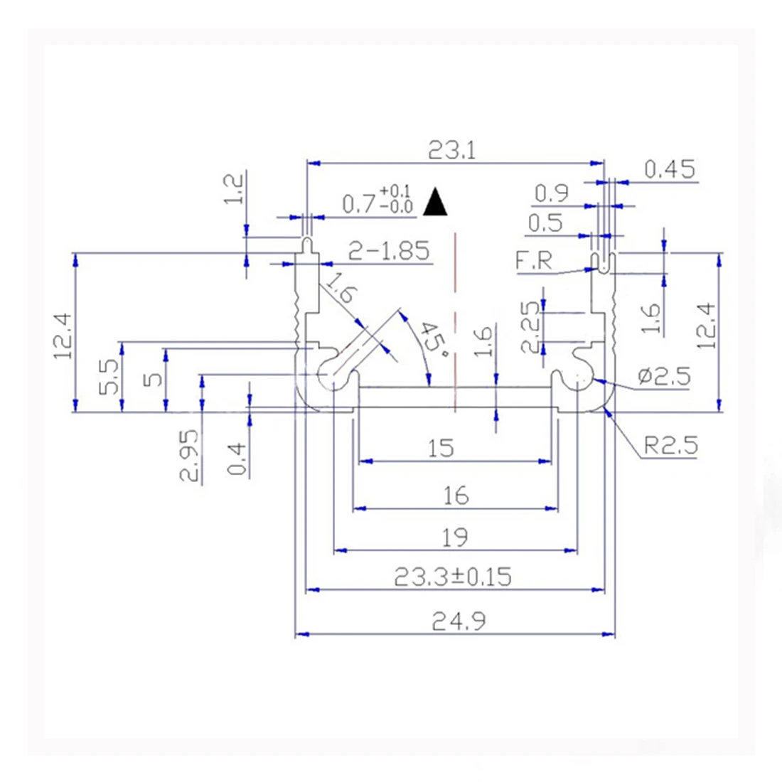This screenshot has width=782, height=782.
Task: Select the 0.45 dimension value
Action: [669, 169]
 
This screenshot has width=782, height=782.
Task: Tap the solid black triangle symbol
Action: [435, 203]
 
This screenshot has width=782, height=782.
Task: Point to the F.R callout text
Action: [534, 261]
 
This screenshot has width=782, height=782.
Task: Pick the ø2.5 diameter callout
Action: [663, 375]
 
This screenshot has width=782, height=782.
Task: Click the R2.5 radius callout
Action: [670, 446]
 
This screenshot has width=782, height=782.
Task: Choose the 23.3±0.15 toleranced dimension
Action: [453, 577]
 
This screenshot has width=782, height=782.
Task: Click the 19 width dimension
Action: [455, 537]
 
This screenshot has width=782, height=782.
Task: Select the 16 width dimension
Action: [455, 495]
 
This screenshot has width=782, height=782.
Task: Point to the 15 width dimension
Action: [440, 448]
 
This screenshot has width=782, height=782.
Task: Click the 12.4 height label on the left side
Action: [63, 335]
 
